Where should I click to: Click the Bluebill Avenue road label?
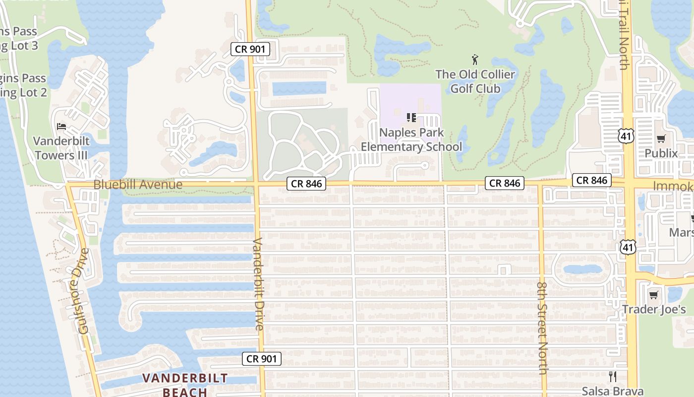(138, 185)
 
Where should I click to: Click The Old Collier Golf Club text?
(475, 81)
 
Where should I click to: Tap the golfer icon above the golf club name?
(475, 60)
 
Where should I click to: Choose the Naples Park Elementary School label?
(411, 139)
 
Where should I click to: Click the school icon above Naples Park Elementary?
(411, 118)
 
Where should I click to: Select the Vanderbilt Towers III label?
(61, 147)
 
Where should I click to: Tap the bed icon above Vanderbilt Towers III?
(61, 126)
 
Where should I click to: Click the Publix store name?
(661, 153)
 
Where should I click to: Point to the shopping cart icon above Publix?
(661, 138)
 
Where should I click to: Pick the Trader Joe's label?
(654, 310)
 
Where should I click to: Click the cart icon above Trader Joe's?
(654, 295)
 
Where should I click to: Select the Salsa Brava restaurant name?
(612, 391)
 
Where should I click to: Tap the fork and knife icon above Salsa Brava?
(612, 376)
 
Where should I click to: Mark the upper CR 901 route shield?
(250, 49)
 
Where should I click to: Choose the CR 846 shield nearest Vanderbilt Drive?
(306, 184)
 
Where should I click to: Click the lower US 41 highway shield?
(628, 247)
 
